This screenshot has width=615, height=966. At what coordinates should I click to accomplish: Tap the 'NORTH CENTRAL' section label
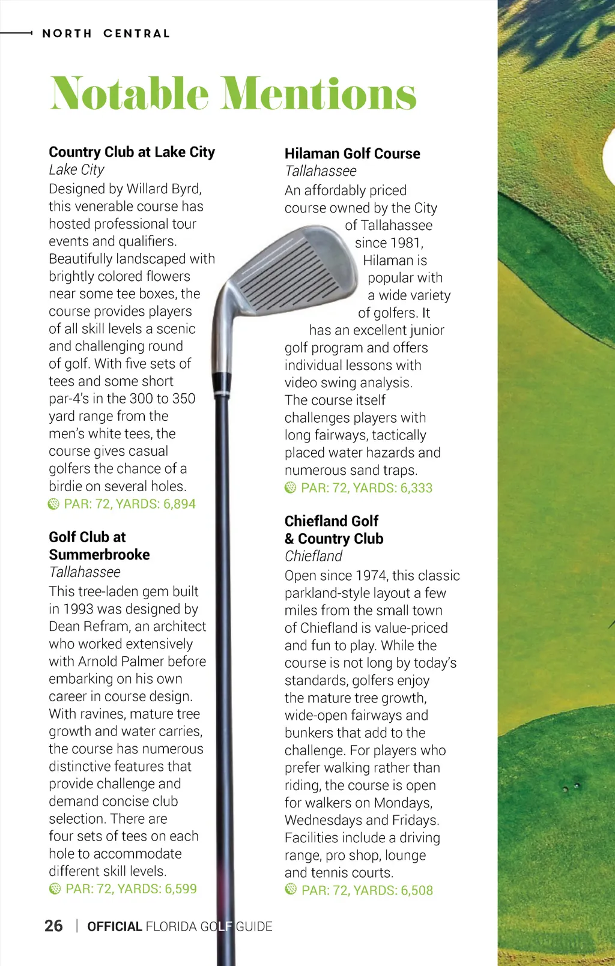[x=106, y=34]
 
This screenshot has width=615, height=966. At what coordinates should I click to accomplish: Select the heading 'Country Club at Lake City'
[x=132, y=152]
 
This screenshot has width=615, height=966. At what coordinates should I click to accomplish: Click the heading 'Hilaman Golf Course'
[x=352, y=154]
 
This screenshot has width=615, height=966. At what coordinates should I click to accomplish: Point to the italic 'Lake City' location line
[x=76, y=170]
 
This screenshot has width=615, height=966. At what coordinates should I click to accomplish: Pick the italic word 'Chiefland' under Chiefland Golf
[x=314, y=556]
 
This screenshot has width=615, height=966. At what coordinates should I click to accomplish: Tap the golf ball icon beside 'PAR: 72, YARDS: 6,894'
[x=53, y=504]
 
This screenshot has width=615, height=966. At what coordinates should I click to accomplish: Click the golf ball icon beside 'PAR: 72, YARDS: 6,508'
[x=291, y=889]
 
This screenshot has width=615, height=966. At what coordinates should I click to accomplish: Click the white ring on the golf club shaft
[x=222, y=393]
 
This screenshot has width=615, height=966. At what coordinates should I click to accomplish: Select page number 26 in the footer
[x=53, y=926]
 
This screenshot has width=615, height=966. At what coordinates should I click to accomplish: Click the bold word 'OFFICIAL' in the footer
[x=114, y=926]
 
